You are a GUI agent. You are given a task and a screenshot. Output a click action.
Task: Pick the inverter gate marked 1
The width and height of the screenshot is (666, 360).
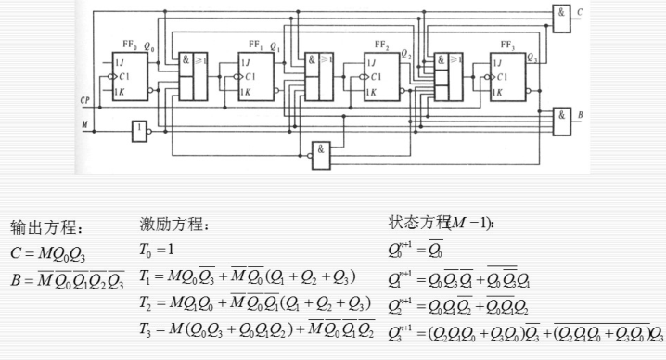pyautogui.click(x=140, y=131)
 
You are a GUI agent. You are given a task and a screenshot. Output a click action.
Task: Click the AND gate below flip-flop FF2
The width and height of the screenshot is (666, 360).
pyautogui.click(x=320, y=154)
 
